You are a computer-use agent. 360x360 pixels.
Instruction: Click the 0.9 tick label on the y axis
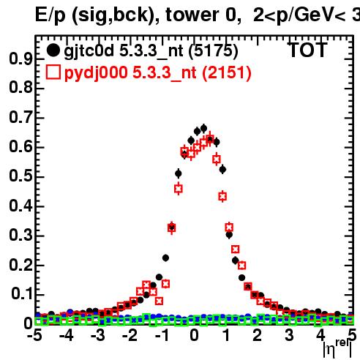click(x=20, y=59)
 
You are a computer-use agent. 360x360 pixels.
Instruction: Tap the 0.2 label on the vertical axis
click(x=20, y=265)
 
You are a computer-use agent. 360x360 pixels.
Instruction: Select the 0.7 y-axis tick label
click(x=20, y=117)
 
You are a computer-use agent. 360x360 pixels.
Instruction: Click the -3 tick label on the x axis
click(x=97, y=335)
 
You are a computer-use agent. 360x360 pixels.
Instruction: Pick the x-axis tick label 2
click(x=257, y=335)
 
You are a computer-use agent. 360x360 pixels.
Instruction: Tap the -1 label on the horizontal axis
click(x=162, y=335)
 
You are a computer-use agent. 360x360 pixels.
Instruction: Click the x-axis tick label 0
click(x=194, y=335)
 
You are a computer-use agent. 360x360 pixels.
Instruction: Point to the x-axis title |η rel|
click(x=337, y=348)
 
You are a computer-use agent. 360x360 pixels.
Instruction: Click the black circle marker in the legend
click(x=53, y=50)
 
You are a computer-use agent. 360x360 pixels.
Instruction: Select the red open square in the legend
click(x=53, y=72)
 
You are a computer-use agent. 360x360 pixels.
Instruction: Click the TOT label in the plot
click(x=308, y=50)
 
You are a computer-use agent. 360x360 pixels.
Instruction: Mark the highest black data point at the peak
click(x=203, y=128)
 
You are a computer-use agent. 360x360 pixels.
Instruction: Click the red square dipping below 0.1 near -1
click(x=159, y=301)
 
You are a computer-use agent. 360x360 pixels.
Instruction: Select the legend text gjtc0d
click(x=89, y=51)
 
